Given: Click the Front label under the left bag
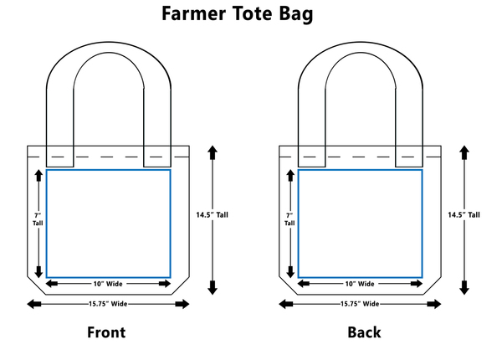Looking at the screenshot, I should [x=106, y=332].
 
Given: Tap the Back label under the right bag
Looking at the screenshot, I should [x=364, y=332].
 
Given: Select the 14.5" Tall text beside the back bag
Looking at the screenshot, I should [x=464, y=214].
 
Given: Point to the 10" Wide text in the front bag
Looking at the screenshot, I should [x=108, y=284].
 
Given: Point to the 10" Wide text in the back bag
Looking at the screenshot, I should [x=360, y=284].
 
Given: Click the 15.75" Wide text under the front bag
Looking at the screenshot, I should [x=108, y=303].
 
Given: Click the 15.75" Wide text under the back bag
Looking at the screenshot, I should [x=360, y=303].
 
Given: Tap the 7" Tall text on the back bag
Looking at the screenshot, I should [x=289, y=219].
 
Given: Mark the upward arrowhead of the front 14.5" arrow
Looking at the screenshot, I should [x=211, y=151].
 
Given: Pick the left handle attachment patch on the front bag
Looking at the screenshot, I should [x=59, y=156].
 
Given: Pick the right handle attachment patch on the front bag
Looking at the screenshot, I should [x=157, y=156].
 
